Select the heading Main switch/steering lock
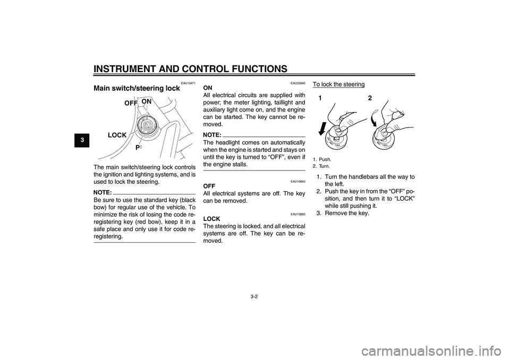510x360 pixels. coord(137,88)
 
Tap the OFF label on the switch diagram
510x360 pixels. coord(131,103)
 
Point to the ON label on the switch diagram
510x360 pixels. coord(146,101)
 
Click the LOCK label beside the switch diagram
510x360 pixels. coord(117,135)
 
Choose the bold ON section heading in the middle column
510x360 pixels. coord(208,88)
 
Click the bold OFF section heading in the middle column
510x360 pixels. coord(209,186)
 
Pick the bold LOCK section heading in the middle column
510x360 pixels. coord(212,218)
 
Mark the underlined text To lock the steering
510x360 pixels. coord(338,84)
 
